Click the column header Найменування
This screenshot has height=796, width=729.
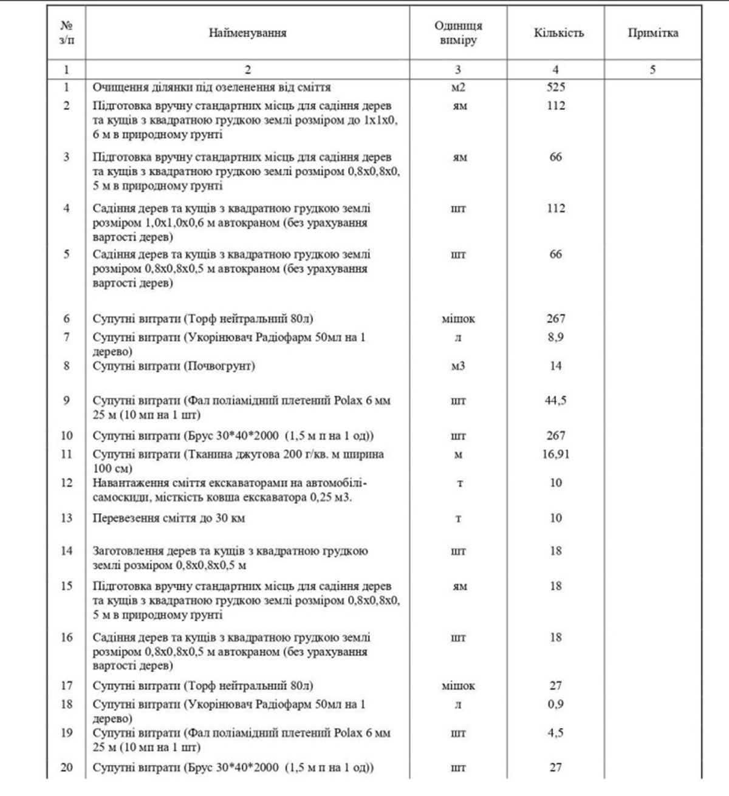point(247,33)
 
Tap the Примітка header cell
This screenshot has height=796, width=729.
point(653,33)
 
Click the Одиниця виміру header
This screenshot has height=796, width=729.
point(458,33)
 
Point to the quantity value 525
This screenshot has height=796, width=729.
point(555,87)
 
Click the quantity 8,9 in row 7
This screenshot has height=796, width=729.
point(555,337)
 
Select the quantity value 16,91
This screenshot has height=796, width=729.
point(555,454)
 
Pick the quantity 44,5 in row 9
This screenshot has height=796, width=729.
point(555,401)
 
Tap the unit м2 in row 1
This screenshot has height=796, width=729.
point(458,87)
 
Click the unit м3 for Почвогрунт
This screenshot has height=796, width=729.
point(458,366)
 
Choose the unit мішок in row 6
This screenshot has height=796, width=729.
point(458,319)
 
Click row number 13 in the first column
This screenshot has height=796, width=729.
point(66,518)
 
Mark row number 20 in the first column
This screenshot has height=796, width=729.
point(66,767)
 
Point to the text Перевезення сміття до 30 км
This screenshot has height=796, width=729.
point(169,519)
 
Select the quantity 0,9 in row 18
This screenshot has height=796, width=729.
point(555,704)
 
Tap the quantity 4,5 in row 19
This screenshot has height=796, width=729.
point(555,733)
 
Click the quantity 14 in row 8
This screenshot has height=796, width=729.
point(555,366)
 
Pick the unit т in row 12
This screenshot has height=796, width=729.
point(458,483)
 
